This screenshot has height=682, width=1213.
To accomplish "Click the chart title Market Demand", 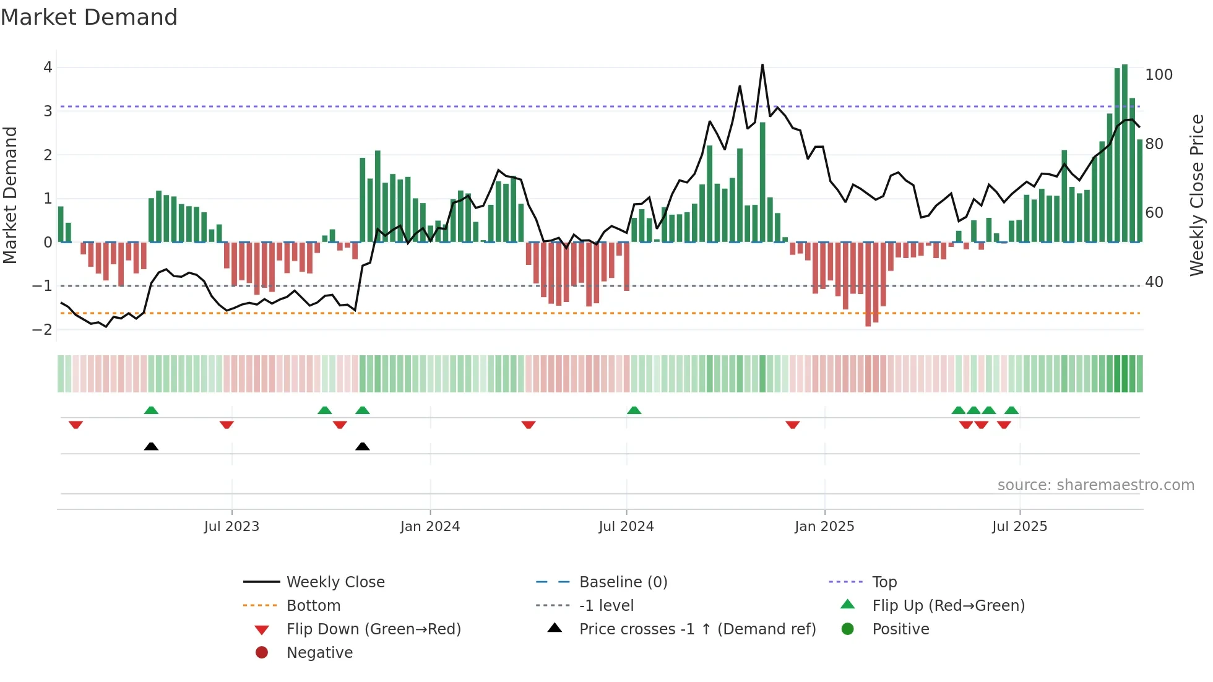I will (89, 17).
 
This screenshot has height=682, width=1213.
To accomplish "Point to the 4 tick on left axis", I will (48, 67).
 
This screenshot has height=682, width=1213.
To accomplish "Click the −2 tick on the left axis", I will (43, 329).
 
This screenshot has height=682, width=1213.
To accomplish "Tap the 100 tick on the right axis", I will (1159, 75).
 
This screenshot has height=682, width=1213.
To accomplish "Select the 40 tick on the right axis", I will (1154, 282).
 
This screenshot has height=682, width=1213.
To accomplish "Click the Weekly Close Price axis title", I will (1197, 195).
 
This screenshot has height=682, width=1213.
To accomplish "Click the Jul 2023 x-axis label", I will (231, 527).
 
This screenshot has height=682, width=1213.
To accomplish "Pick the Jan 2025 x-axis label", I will (824, 527).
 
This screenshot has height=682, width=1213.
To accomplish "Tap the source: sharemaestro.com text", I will (1095, 485).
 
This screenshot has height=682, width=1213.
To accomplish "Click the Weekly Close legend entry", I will (335, 582).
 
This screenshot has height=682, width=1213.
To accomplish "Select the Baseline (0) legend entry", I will (623, 582).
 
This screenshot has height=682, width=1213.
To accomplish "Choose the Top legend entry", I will (884, 582).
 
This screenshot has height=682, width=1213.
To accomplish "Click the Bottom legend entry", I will (313, 606).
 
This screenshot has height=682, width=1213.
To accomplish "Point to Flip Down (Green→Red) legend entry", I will (373, 629).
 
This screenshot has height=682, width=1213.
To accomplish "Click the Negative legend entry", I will (319, 653).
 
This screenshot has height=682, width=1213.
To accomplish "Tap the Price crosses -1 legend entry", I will (697, 629).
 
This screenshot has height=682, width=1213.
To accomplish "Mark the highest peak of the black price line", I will (762, 65).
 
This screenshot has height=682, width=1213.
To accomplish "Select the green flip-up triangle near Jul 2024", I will (634, 410).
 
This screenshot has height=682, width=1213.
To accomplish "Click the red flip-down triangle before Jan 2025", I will (792, 425).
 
